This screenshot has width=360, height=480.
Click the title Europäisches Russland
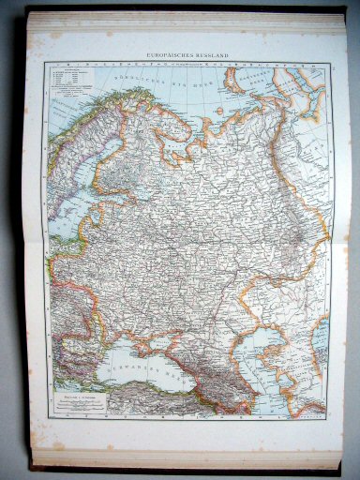point(187,55)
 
